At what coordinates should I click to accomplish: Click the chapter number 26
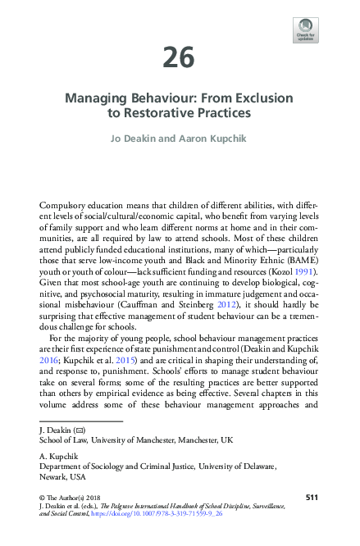pos(179,57)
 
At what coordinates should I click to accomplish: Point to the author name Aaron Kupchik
pos(215,139)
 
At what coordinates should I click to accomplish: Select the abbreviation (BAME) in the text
pos(294,256)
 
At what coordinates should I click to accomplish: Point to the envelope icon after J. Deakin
pos(80,429)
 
